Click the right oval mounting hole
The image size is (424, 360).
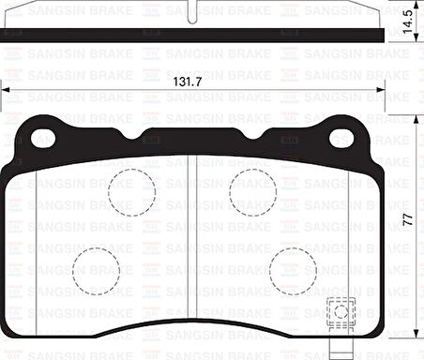[x=341, y=138]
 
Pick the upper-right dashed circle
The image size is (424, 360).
[x=252, y=191]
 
